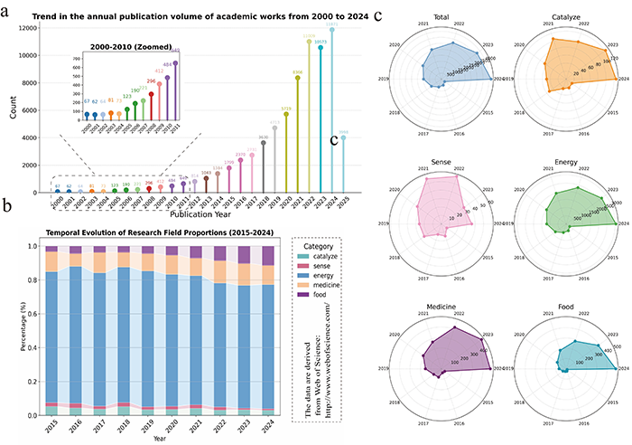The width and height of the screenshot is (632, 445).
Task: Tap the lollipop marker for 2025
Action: pyautogui.click(x=343, y=137)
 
